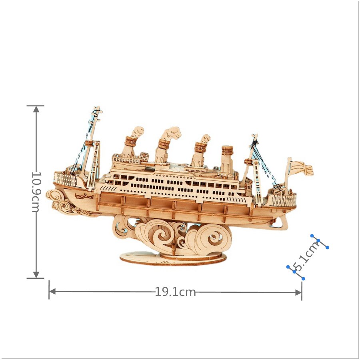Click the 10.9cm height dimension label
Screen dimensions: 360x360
point(36,192)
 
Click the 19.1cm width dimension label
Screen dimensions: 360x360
point(176,292)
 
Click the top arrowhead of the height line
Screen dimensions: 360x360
point(36,110)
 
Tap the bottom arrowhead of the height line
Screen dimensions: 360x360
point(36,274)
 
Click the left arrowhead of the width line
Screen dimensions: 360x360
point(53,292)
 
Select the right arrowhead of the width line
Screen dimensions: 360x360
point(298,292)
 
